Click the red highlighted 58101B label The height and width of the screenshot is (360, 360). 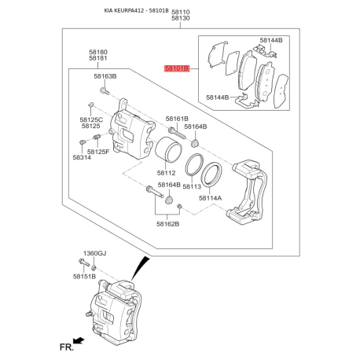(x=177, y=69)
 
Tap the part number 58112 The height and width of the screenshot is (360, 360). (x=166, y=173)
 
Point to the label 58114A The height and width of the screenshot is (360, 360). (x=210, y=199)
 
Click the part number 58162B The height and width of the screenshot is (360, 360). (x=167, y=224)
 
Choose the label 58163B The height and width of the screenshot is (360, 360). (x=105, y=76)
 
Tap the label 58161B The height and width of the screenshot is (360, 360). (x=177, y=119)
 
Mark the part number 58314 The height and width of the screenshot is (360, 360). (x=83, y=157)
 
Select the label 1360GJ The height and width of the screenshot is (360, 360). (x=94, y=255)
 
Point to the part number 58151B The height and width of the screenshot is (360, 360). (x=84, y=277)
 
